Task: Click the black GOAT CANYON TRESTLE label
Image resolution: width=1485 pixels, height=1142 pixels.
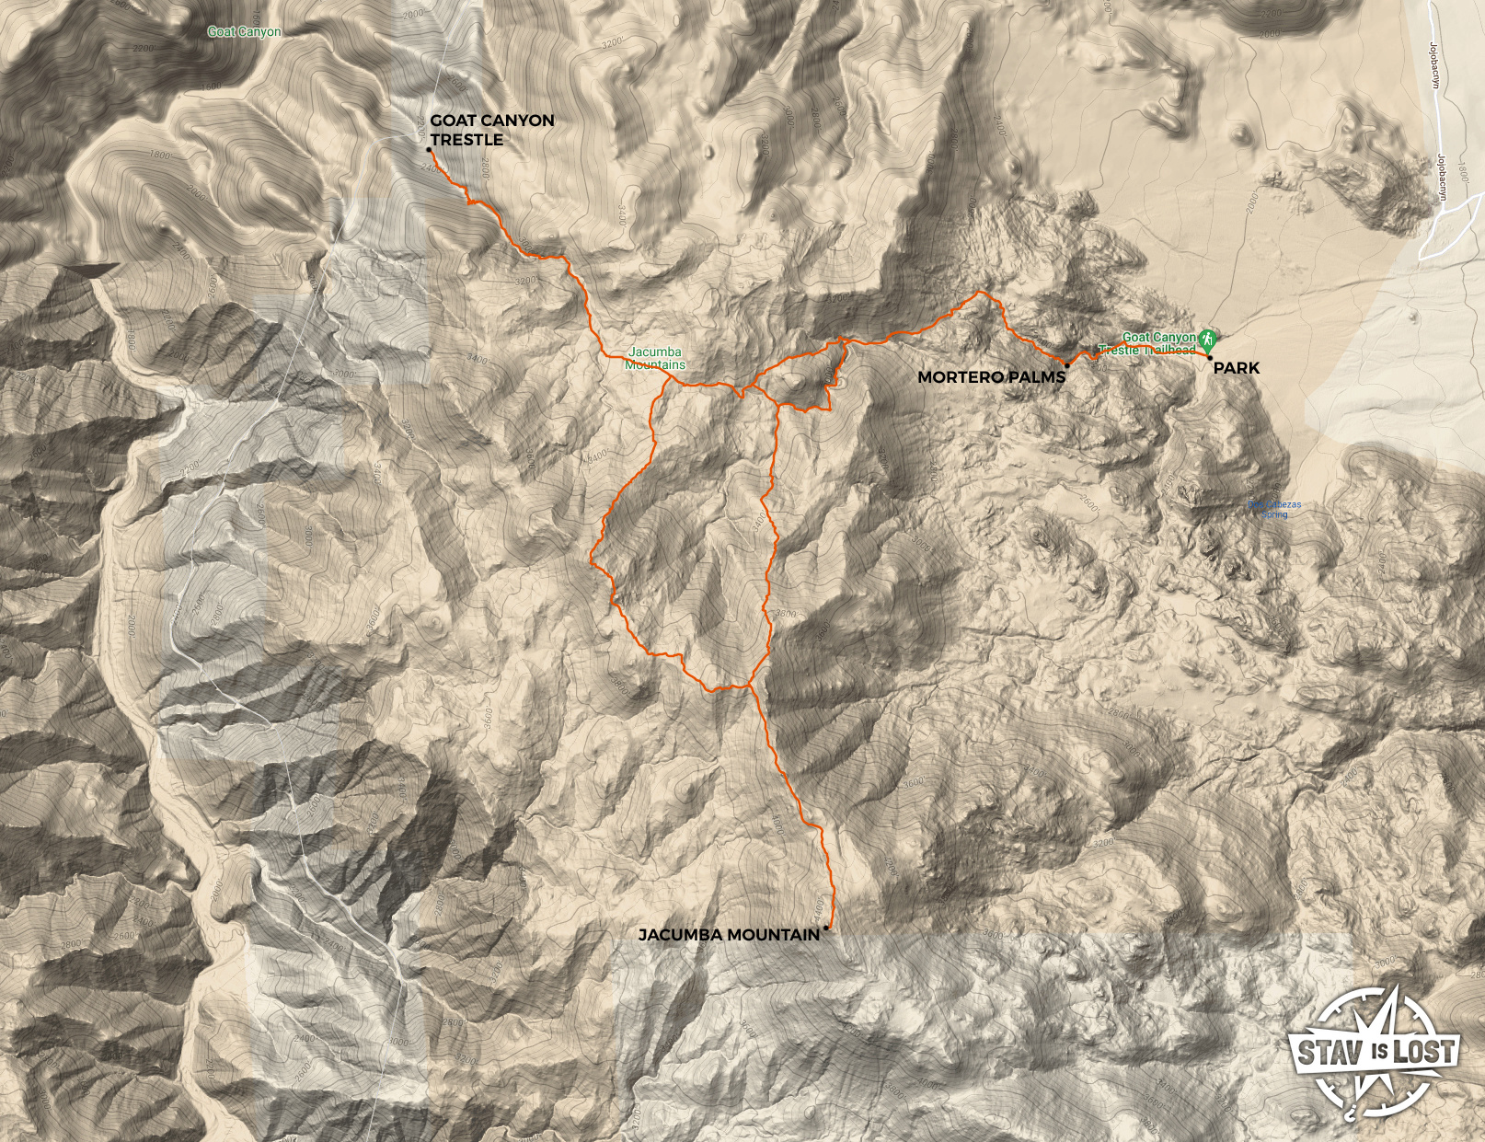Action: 491,130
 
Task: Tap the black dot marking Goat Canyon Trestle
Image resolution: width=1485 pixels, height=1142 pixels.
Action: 429,150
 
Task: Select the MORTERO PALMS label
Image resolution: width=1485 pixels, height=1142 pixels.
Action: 991,377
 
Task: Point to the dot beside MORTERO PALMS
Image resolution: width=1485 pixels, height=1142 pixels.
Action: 1066,365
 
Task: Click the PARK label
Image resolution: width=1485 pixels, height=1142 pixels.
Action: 1236,368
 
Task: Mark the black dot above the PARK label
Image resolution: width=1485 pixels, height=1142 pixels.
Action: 1210,357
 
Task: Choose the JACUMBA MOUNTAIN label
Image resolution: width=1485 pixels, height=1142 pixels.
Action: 729,935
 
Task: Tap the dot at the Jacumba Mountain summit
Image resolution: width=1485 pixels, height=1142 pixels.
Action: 826,928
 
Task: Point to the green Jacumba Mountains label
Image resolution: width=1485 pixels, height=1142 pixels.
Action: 655,358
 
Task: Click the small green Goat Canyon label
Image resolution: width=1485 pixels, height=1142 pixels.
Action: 245,31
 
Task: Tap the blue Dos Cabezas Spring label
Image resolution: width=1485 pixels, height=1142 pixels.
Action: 1274,509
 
